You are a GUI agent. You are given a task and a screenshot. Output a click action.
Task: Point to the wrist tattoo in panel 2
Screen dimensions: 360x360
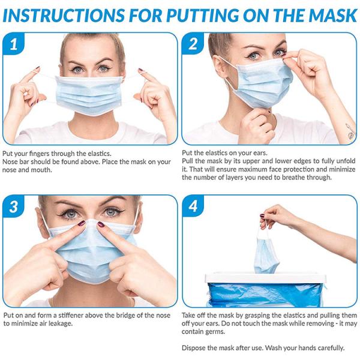point(350,131)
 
